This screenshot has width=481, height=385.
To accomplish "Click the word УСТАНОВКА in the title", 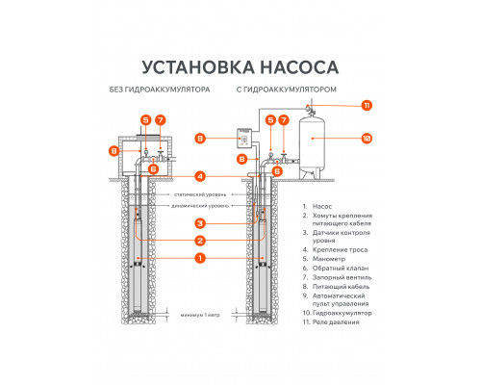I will (x=190, y=68).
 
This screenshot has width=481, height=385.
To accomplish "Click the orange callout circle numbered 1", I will (x=199, y=258).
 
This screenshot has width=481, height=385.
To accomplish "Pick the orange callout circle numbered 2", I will (x=199, y=240).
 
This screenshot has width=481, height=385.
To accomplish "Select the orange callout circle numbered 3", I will (x=199, y=222).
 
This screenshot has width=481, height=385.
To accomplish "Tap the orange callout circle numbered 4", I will (x=199, y=176).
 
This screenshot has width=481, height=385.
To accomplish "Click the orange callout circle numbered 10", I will (x=367, y=138).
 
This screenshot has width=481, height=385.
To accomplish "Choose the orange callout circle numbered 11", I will (x=367, y=104).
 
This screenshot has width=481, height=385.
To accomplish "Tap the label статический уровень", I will (x=199, y=194).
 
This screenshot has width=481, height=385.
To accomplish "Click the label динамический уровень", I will (x=199, y=204).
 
